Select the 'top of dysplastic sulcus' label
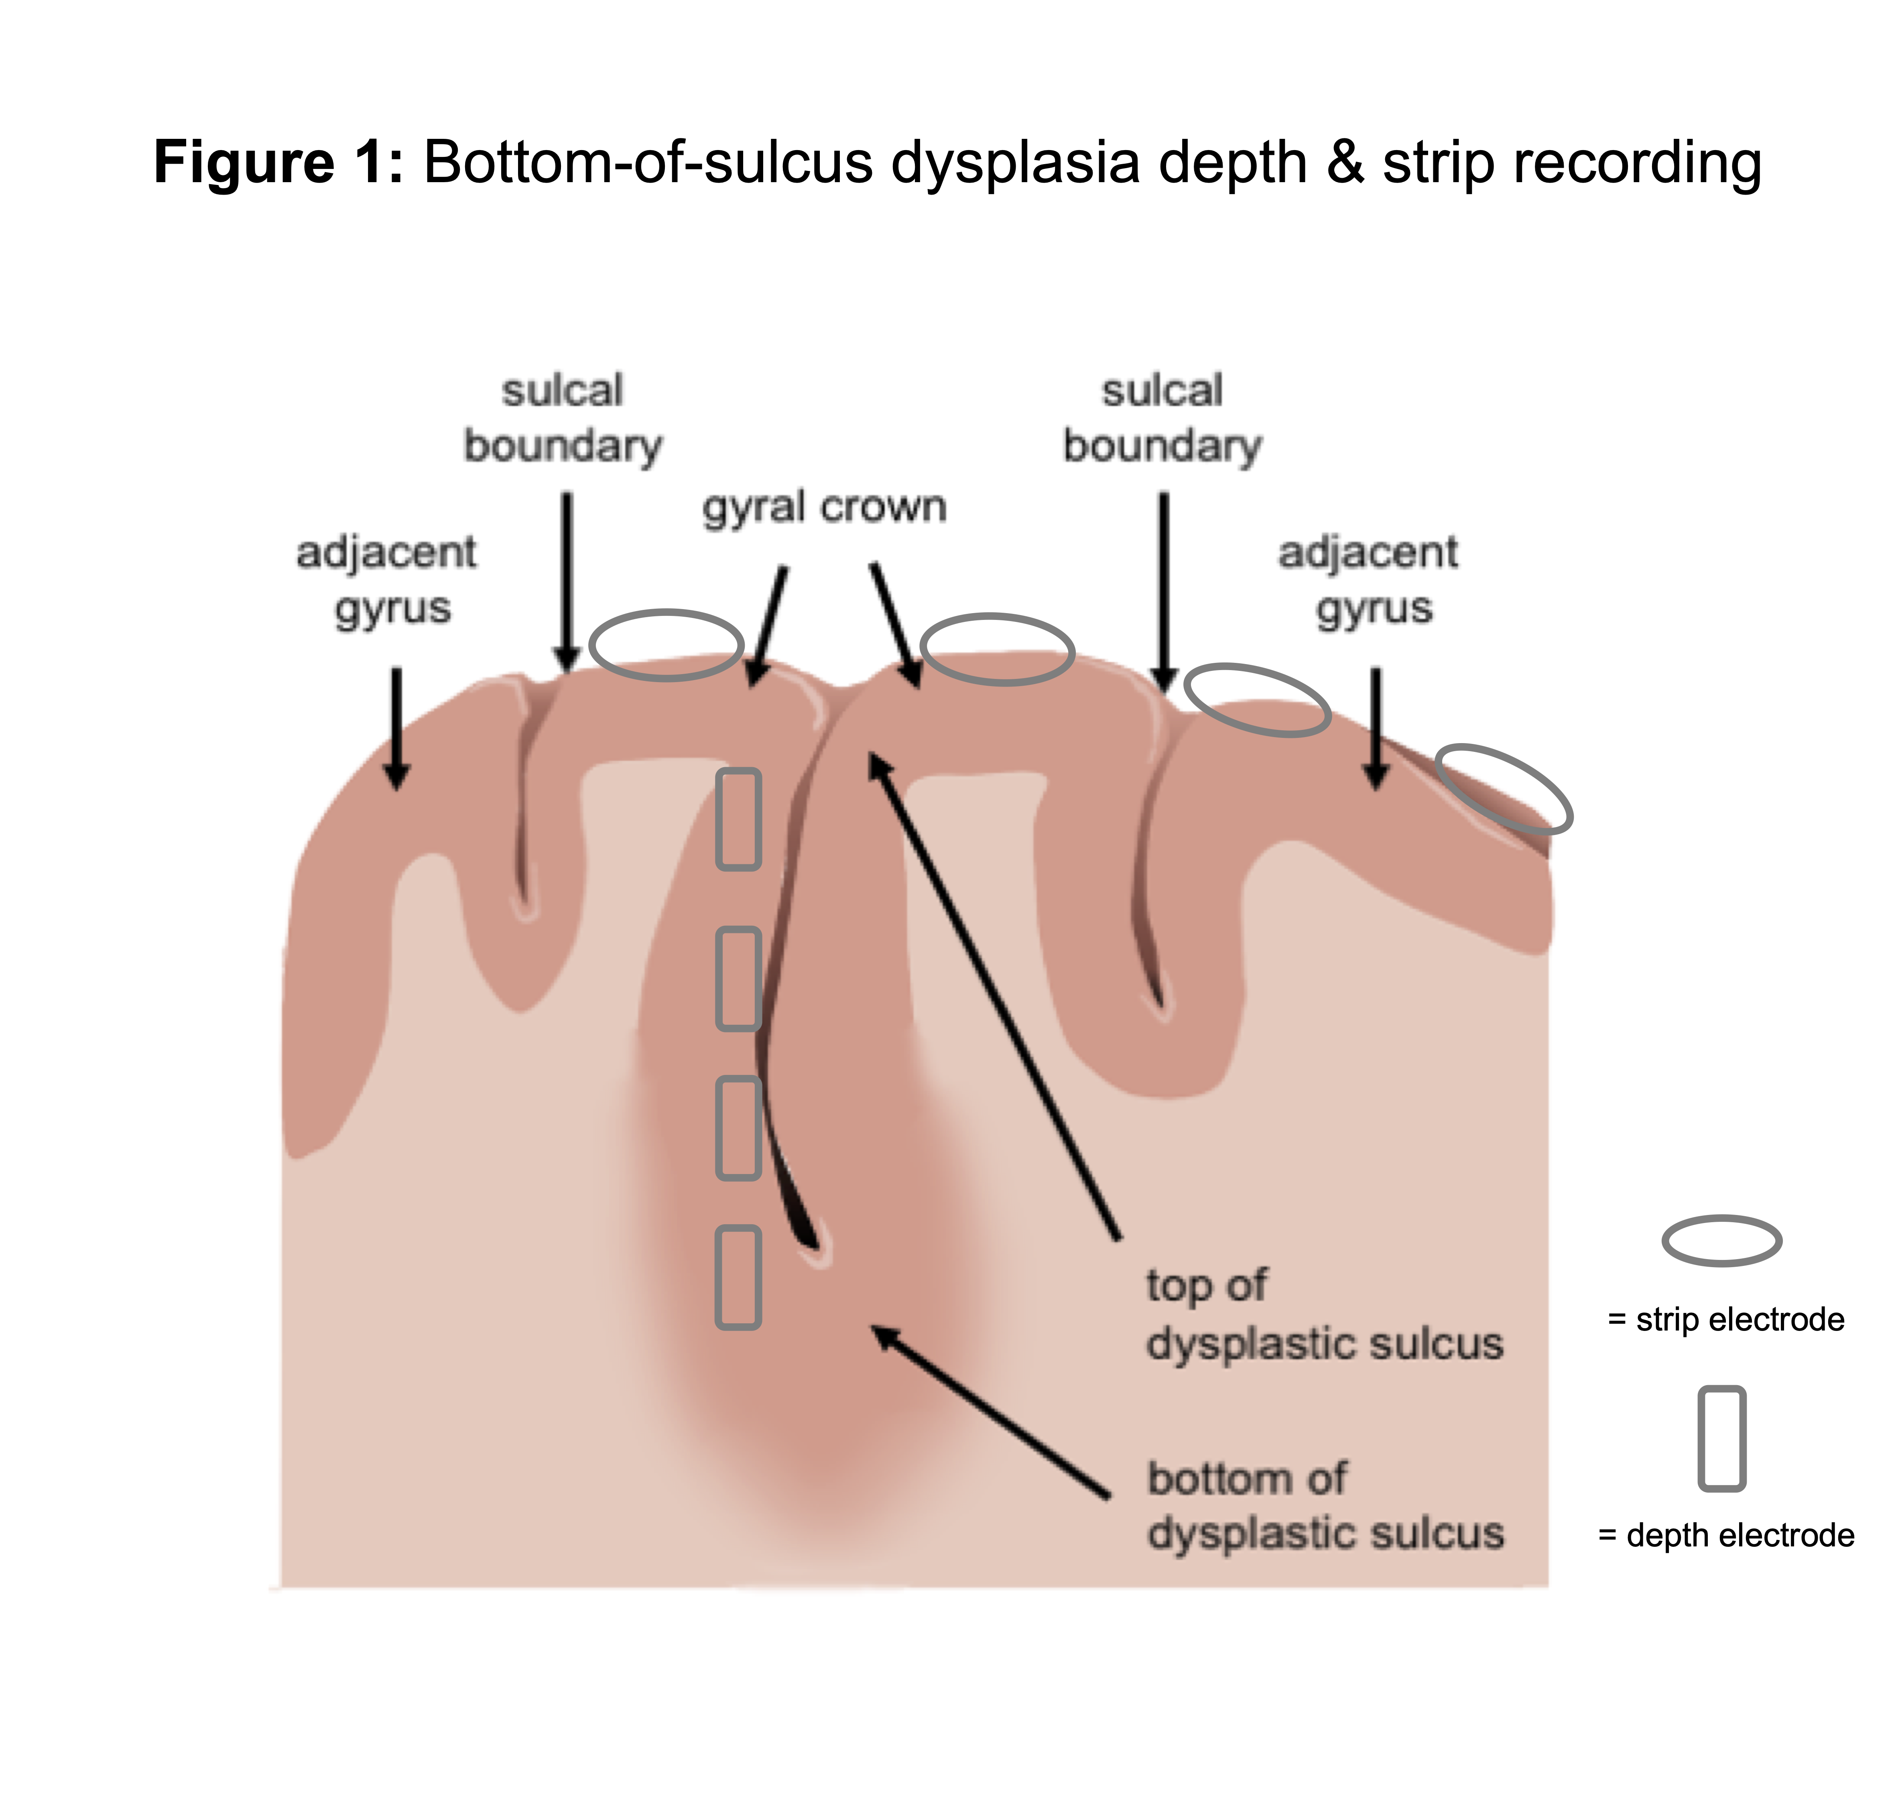click(x=1323, y=1314)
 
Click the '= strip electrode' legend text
click(x=1726, y=1320)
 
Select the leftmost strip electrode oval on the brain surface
click(x=666, y=644)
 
